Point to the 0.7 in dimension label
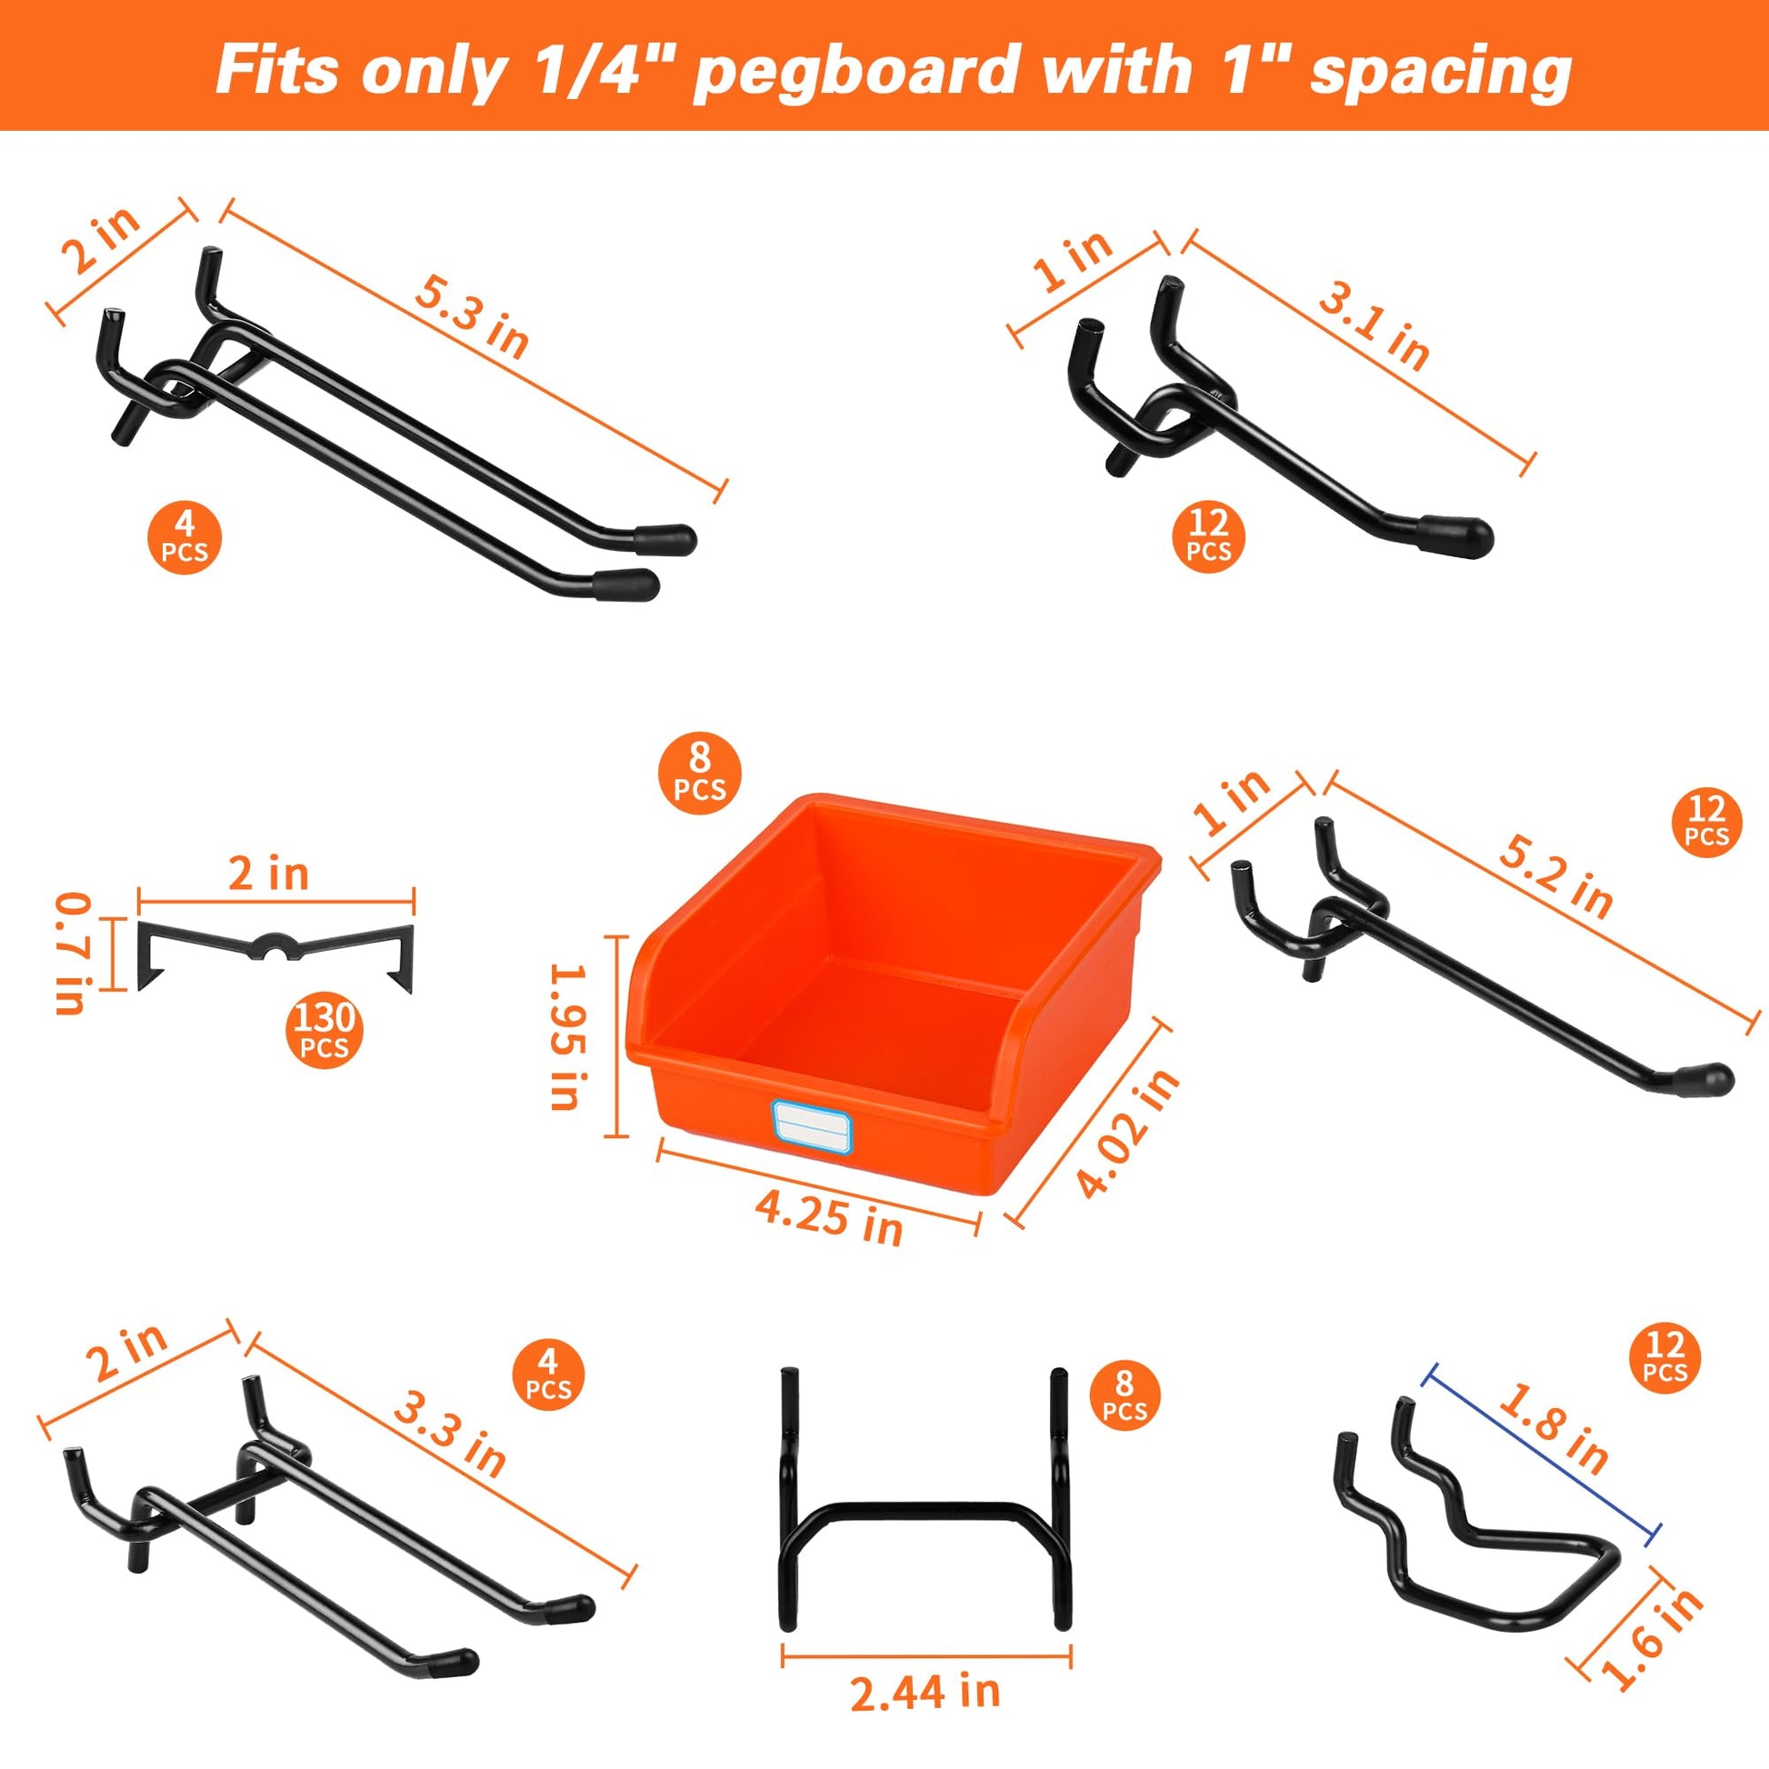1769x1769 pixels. [72, 954]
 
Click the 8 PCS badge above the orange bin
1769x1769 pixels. [701, 774]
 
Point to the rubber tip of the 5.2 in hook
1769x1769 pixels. [1709, 1077]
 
